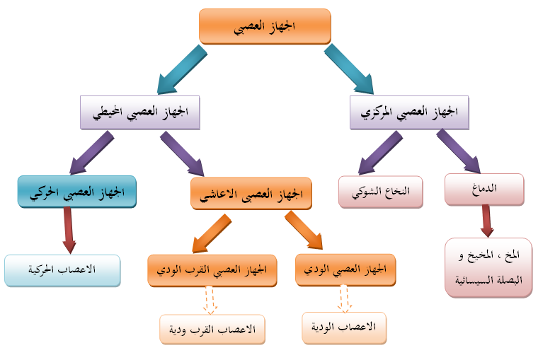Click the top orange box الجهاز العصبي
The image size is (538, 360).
coord(265,26)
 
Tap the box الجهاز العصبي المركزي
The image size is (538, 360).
coord(409,112)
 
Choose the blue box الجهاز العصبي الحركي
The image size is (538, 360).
coord(76,192)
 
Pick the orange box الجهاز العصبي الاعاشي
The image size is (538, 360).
coord(251,193)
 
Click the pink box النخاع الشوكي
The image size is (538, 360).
coord(379,190)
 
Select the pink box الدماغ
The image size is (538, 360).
coord(484,189)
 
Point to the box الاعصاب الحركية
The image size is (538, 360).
coord(62,270)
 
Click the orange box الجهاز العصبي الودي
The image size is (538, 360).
coord(345,269)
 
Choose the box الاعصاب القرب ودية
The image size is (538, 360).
coord(212,329)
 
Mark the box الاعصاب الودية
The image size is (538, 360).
coord(344,327)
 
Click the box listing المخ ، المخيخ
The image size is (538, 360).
coord(488,267)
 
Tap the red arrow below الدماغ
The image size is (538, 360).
coord(486,221)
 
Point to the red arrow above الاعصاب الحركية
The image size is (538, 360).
coord(69,231)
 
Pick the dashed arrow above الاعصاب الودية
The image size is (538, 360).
coord(344,298)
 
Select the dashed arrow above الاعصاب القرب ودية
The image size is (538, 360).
coord(210,300)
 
